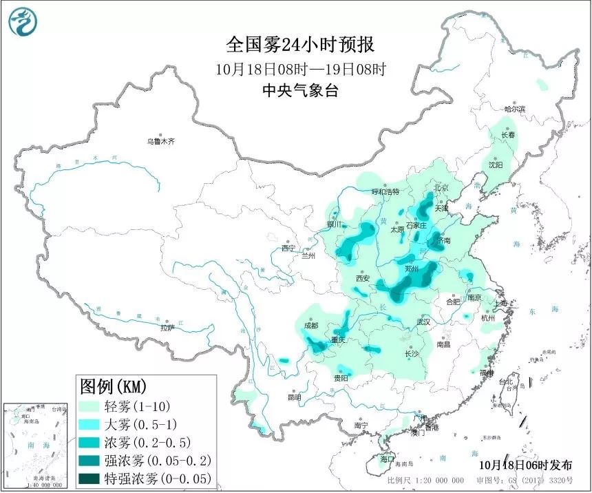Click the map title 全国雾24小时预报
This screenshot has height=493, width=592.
point(300,45)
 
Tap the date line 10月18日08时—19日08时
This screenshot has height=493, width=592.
point(300,69)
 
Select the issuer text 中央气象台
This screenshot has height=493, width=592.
point(300,90)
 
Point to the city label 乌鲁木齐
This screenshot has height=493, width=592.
point(160,141)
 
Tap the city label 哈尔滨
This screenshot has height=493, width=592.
point(514,109)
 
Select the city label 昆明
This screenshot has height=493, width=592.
point(294,397)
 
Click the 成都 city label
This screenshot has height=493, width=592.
point(310,325)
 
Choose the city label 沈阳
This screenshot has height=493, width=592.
point(496,165)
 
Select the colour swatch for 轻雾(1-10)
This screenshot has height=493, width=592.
point(90,406)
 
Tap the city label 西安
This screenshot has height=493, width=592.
point(363,278)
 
